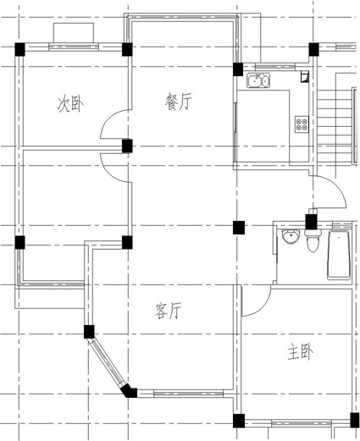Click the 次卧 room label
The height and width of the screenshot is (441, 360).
[70, 104]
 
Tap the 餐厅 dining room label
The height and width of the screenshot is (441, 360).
[178, 102]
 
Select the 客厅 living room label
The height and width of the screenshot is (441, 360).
[168, 311]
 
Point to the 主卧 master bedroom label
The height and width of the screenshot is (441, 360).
[301, 352]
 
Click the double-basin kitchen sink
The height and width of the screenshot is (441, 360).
[258, 80]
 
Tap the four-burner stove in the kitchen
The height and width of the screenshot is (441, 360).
[302, 124]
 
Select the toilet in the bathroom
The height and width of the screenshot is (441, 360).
[313, 240]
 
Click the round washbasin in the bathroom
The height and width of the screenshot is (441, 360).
[291, 236]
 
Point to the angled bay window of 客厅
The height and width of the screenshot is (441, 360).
[108, 361]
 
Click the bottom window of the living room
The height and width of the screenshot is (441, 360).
[188, 393]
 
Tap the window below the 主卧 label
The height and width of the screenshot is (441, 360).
[301, 423]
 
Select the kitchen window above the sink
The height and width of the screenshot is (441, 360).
[275, 67]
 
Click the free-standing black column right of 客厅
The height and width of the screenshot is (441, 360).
[239, 228]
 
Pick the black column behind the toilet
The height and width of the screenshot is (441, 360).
[312, 222]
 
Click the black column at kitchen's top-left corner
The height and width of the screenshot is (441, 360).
[238, 69]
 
